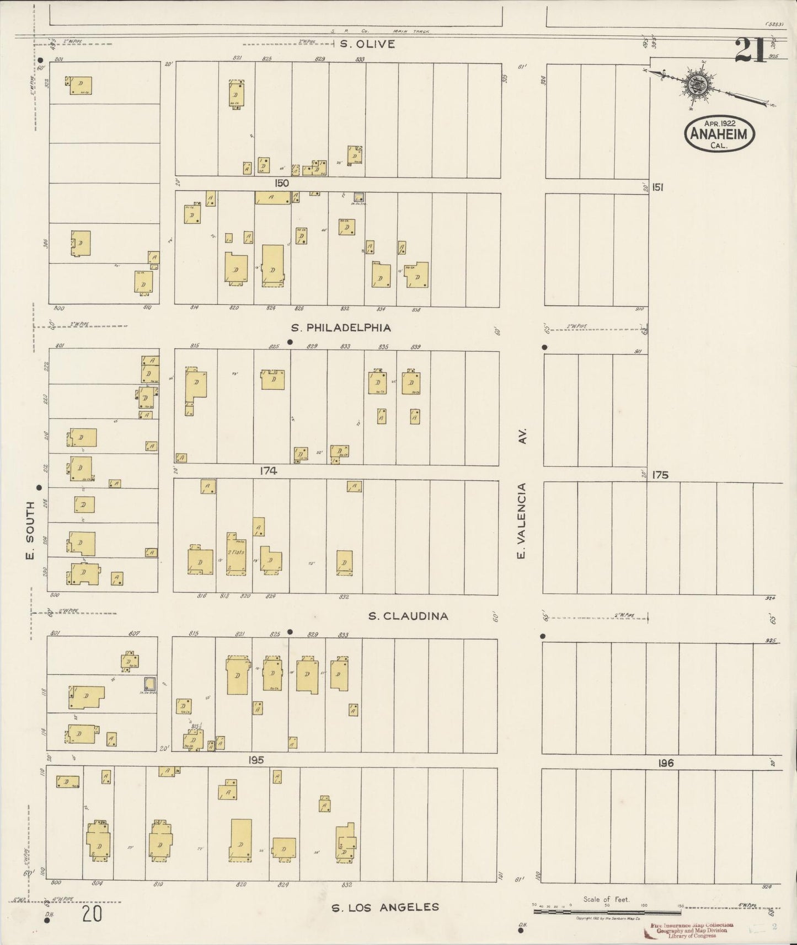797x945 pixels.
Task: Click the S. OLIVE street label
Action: point(367,44)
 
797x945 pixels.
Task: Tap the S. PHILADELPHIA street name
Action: point(341,327)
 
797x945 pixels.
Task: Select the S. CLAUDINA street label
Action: point(408,616)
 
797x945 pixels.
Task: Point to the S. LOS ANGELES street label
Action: point(385,907)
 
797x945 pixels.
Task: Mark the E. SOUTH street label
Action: point(30,530)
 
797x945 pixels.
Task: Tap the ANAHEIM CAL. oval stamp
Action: point(719,134)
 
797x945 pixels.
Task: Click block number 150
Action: point(281,183)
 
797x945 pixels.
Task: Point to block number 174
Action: point(269,471)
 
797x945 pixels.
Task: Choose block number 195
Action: point(256,760)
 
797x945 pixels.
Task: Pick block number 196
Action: point(666,763)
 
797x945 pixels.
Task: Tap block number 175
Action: point(660,475)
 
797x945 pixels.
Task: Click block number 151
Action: point(657,187)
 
